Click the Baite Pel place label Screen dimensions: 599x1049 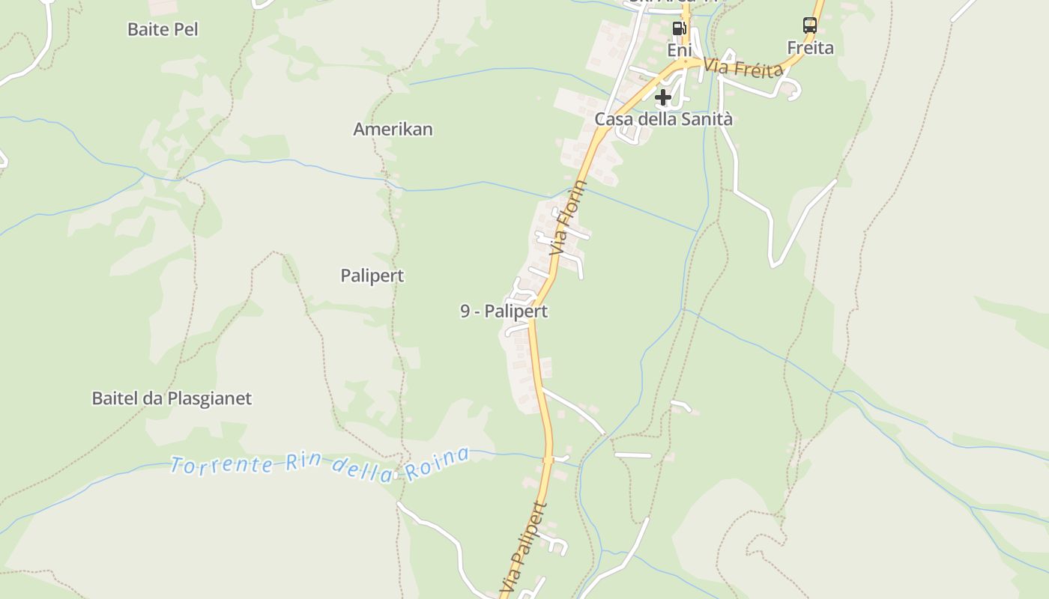point(163,29)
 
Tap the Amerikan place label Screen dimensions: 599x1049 point(393,129)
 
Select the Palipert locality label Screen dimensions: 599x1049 point(372,276)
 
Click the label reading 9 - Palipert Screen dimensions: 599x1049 point(504,311)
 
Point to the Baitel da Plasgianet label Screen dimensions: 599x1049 point(172,398)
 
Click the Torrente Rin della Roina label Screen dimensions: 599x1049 point(320,465)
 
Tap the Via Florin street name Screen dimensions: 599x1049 point(567,217)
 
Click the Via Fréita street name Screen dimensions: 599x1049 point(743,68)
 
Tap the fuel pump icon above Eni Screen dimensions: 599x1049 point(679,28)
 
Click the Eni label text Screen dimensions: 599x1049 point(678,49)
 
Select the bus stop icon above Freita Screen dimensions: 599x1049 point(809,25)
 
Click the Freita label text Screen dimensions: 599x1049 point(810,48)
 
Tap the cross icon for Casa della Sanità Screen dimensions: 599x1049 point(662,97)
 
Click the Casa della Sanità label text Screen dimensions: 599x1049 point(663,119)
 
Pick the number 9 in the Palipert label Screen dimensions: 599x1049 point(465,311)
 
